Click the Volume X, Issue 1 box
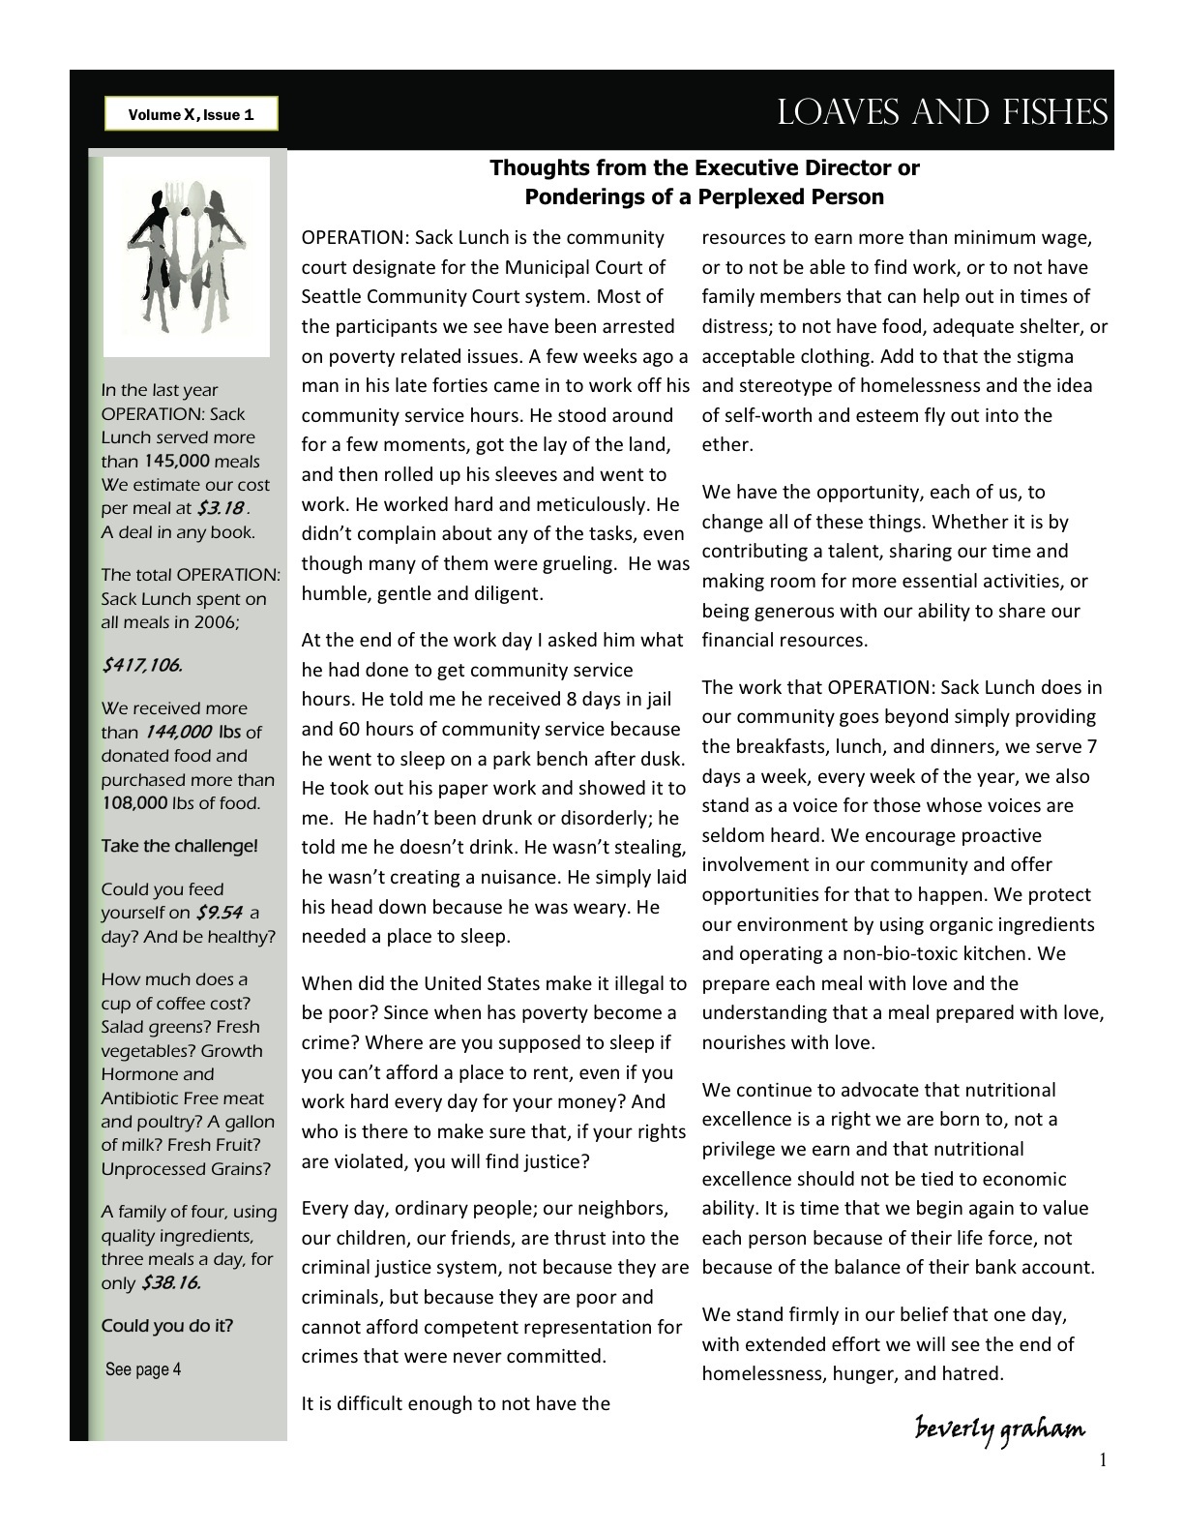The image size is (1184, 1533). [x=192, y=115]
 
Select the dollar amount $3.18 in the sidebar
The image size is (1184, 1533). [x=220, y=508]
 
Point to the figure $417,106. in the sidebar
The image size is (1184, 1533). [x=141, y=665]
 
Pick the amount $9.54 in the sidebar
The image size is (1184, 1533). [x=218, y=913]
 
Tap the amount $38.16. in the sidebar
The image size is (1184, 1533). [x=170, y=1283]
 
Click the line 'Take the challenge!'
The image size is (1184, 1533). [x=179, y=846]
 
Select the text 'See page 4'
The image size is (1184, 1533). [x=143, y=1369]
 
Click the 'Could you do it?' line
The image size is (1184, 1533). [x=166, y=1326]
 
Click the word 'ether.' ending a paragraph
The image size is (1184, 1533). [x=726, y=445]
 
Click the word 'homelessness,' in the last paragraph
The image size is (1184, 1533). [x=758, y=1373]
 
